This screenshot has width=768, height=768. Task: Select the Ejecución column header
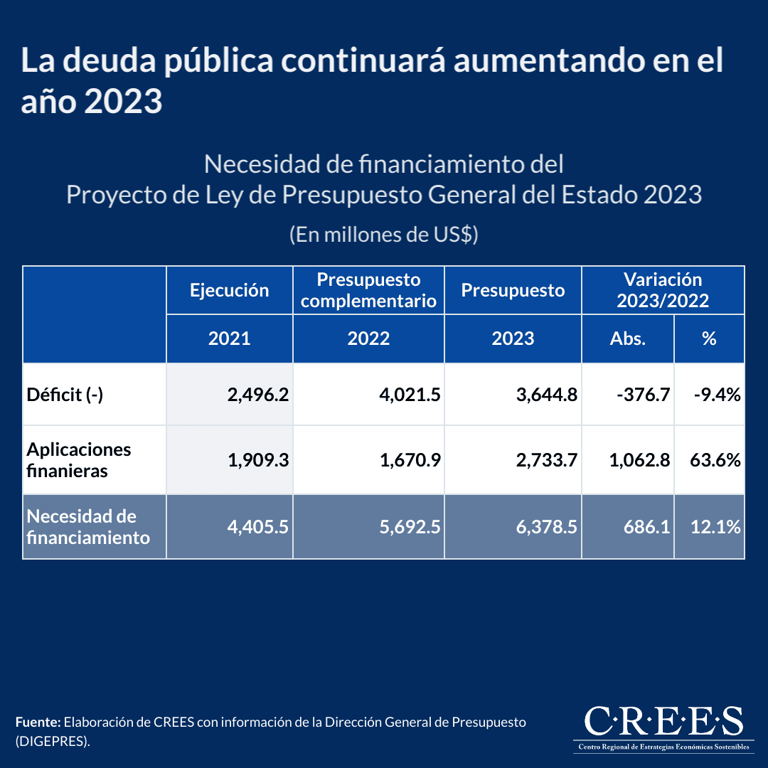point(229,290)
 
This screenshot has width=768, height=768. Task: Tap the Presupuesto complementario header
point(368,290)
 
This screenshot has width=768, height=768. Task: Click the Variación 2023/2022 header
point(663,290)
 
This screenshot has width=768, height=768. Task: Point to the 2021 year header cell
point(229,338)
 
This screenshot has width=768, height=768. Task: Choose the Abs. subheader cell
point(627,338)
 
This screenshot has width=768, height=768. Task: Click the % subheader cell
point(708,338)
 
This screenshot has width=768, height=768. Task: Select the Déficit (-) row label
point(65,395)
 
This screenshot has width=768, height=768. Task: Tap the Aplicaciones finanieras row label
point(79,460)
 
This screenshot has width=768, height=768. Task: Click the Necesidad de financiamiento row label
point(88,527)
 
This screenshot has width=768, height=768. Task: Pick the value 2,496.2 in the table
point(257,395)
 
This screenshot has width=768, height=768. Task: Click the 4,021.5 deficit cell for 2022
point(410,395)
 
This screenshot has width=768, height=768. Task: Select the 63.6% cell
point(715,460)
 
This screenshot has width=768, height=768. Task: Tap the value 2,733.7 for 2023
point(547,460)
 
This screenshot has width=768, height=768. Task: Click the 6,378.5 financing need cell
point(547,527)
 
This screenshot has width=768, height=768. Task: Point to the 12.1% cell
point(715,527)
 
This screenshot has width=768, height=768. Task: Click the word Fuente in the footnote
point(38,722)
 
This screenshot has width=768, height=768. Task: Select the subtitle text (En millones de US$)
point(383,235)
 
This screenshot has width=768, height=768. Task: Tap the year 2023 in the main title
point(123,102)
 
